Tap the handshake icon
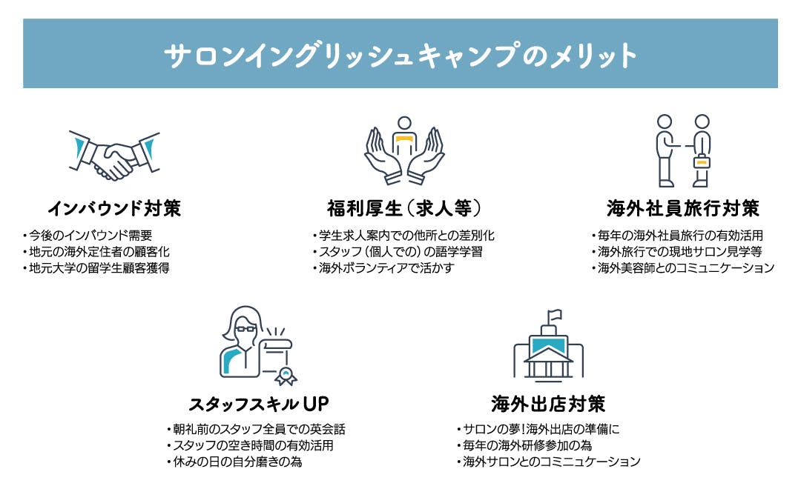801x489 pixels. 115,155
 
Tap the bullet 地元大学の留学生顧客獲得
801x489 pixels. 97,268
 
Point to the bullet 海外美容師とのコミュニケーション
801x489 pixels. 683,268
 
